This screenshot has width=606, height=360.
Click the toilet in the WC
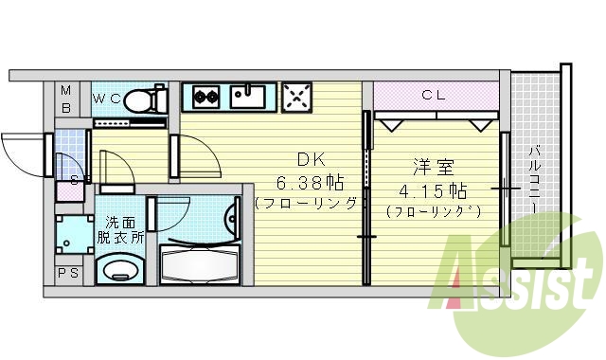pyautogui.click(x=142, y=99)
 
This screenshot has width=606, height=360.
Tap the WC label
pyautogui.click(x=105, y=98)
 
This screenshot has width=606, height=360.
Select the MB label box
pyautogui.click(x=66, y=98)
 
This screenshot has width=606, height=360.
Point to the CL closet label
pyautogui.click(x=434, y=95)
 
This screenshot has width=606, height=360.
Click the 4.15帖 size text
pyautogui.click(x=435, y=189)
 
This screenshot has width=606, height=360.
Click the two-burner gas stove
pyautogui.click(x=205, y=95)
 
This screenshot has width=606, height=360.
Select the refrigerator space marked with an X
pyautogui.click(x=298, y=96)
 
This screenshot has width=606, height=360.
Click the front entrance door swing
pyautogui.click(x=23, y=152)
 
